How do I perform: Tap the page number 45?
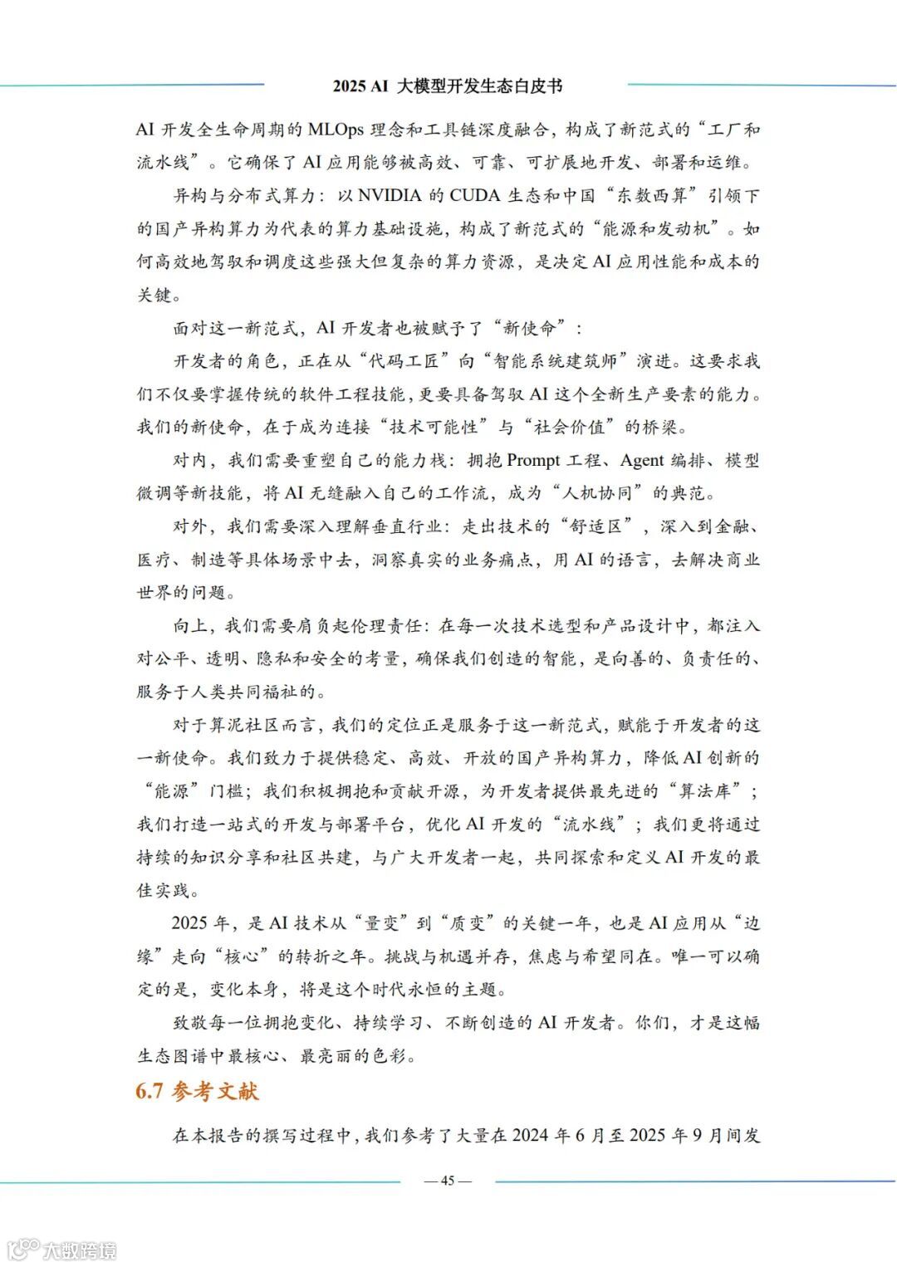tap(448, 1181)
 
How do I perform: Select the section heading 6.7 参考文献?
tap(198, 1091)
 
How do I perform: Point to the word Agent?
tap(641, 461)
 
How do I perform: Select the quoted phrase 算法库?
tap(705, 791)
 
